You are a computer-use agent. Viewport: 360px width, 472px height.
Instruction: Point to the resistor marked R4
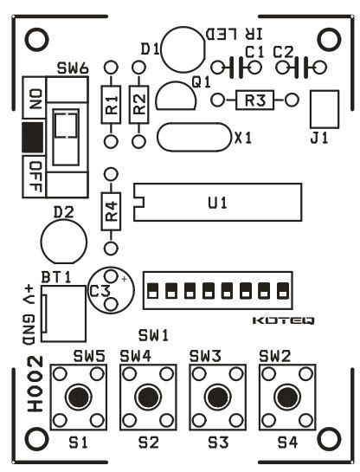coord(110,210)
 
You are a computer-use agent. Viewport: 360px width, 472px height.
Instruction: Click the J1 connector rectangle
coord(323,109)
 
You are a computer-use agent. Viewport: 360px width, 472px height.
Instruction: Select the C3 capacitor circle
coord(114,288)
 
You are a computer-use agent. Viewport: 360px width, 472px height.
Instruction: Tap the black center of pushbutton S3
coord(216,397)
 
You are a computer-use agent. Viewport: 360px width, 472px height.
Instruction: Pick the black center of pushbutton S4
coord(286,397)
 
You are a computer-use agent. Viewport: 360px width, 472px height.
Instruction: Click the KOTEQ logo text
coord(283,320)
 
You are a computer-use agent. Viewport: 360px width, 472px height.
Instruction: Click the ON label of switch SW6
coord(35,99)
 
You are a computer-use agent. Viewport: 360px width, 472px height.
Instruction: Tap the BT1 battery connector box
coord(63,313)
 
